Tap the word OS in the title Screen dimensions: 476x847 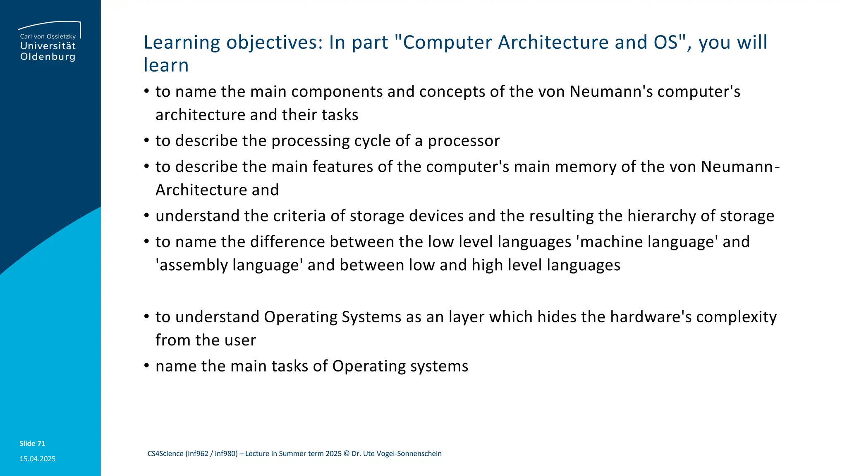click(x=666, y=42)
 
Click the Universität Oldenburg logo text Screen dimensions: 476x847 click(x=48, y=51)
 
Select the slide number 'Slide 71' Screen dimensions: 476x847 click(x=32, y=443)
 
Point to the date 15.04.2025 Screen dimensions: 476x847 click(x=38, y=459)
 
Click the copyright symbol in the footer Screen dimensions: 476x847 click(x=347, y=454)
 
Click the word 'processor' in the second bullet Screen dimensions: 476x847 click(x=464, y=141)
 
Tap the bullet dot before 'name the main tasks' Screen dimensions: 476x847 click(x=146, y=366)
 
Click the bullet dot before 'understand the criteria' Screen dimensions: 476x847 click(x=146, y=215)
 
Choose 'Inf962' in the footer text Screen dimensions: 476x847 click(x=197, y=454)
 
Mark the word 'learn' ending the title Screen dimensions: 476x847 click(x=166, y=65)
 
